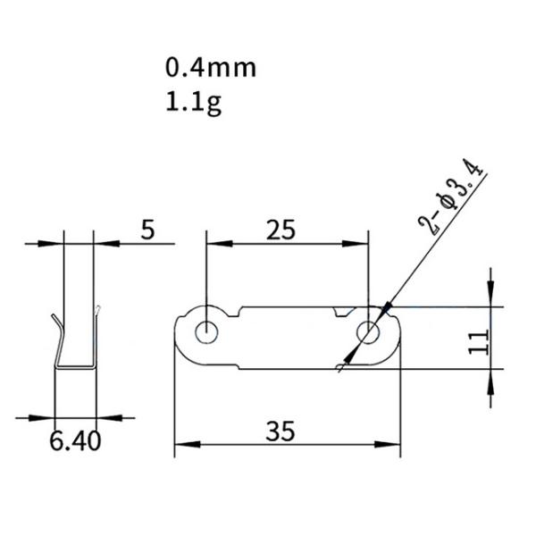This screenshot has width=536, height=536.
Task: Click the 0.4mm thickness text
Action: pyautogui.click(x=210, y=68)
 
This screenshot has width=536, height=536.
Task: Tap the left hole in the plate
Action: pyautogui.click(x=206, y=331)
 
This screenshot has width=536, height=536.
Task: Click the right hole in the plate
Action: pyautogui.click(x=368, y=332)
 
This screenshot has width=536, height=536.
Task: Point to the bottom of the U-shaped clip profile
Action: pyautogui.click(x=74, y=366)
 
